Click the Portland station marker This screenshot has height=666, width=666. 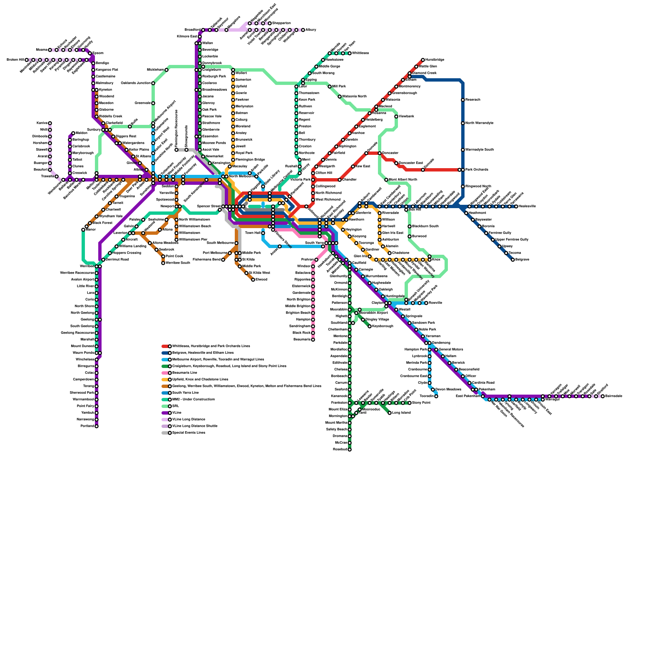(97, 426)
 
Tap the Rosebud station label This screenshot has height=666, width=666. (340, 450)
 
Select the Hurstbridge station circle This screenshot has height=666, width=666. (423, 60)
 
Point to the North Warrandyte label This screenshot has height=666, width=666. (479, 123)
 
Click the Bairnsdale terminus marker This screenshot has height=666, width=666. (603, 396)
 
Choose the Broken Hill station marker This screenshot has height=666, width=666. (27, 60)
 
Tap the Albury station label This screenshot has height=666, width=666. (311, 30)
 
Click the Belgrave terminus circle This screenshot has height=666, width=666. (513, 260)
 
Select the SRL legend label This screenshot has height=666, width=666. (176, 406)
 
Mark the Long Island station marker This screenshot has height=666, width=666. (390, 413)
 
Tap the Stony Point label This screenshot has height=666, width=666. (421, 403)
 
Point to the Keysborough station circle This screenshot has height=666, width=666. (370, 326)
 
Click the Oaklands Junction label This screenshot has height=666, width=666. (135, 83)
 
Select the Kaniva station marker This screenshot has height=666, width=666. (50, 123)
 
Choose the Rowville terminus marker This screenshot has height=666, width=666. (426, 303)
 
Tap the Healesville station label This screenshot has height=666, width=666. (527, 206)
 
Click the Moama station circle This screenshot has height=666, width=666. (50, 50)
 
